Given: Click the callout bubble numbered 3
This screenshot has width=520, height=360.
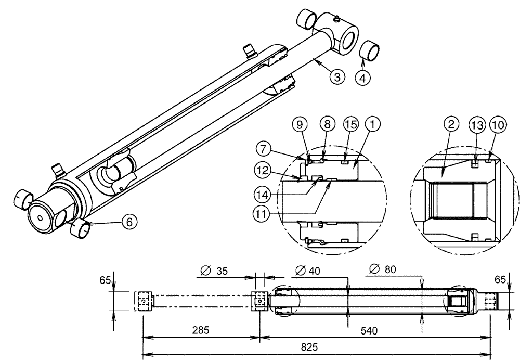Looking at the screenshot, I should pyautogui.click(x=337, y=78).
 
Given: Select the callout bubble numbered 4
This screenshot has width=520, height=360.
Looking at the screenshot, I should pyautogui.click(x=363, y=78).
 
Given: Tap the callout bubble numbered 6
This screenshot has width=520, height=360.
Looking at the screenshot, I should pyautogui.click(x=129, y=221).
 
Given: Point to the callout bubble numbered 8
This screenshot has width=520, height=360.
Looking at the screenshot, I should pyautogui.click(x=327, y=125).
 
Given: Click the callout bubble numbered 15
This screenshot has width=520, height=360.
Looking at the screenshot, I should pyautogui.click(x=350, y=125).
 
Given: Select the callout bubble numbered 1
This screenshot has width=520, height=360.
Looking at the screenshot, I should pyautogui.click(x=372, y=125).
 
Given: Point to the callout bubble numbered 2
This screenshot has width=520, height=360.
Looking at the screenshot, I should pyautogui.click(x=451, y=125).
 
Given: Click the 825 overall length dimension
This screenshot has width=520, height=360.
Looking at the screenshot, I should pyautogui.click(x=316, y=347).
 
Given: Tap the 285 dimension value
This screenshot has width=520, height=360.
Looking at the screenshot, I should pyautogui.click(x=200, y=330).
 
